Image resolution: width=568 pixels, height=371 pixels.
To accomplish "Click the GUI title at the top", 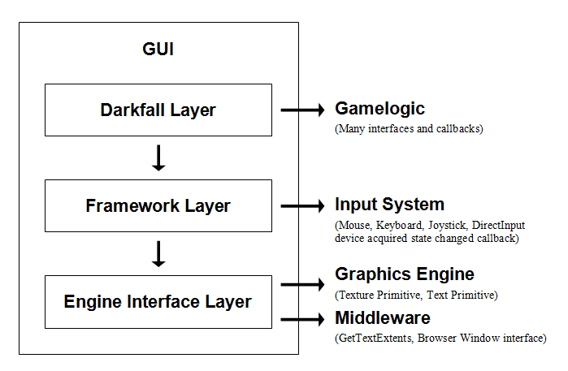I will click(x=158, y=50).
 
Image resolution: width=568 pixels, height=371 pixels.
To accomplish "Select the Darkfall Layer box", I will click(x=158, y=110).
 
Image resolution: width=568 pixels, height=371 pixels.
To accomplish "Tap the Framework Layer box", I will click(x=158, y=206).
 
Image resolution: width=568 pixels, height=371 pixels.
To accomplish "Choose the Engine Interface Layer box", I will click(x=158, y=302).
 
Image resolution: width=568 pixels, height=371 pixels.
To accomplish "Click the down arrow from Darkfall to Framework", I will click(x=158, y=157).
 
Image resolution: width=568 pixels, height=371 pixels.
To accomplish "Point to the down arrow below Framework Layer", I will click(x=158, y=253).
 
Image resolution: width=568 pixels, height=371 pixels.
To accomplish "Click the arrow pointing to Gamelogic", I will click(x=302, y=110).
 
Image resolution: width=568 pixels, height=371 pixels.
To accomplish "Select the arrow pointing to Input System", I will click(x=302, y=206).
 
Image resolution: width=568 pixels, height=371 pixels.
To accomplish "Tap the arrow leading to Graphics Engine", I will click(x=302, y=284).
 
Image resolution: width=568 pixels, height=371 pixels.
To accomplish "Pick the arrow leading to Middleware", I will click(x=302, y=319).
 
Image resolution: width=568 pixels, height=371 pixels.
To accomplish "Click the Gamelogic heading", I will click(x=379, y=109).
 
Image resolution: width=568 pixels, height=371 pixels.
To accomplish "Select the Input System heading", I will click(x=389, y=205).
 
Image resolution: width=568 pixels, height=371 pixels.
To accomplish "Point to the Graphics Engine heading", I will click(x=404, y=274).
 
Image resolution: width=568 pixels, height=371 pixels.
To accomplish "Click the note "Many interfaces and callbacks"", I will click(x=409, y=128).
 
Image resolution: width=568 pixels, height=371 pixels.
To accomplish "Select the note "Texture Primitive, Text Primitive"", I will click(x=416, y=295).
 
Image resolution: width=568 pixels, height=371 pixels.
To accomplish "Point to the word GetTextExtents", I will click(x=375, y=338).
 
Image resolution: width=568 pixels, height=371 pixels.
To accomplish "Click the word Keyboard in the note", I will click(x=397, y=225).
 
